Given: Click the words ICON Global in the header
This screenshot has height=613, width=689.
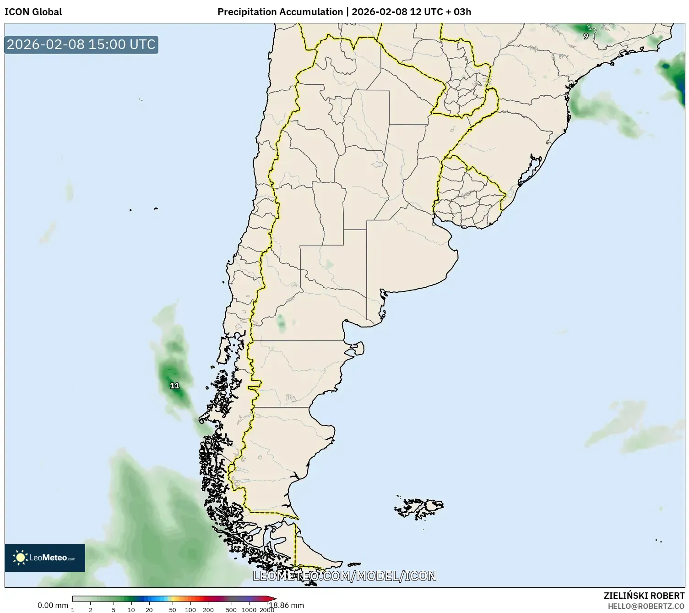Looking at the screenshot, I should [x=33, y=12].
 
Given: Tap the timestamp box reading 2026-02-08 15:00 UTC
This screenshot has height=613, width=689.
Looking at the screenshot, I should [x=81, y=44].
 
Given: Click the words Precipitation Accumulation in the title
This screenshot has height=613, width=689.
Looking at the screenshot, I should [x=280, y=12].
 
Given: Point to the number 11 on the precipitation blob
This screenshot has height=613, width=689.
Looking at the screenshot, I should [x=174, y=386].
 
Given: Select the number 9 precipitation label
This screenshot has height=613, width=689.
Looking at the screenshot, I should [x=586, y=36].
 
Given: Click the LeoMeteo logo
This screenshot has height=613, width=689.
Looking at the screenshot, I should [x=45, y=558].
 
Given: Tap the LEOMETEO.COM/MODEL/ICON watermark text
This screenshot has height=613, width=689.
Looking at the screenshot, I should [x=344, y=576].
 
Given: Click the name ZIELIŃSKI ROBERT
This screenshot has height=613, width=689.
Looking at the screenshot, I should [x=644, y=596].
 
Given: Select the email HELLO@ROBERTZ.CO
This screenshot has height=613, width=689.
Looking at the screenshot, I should [x=646, y=606].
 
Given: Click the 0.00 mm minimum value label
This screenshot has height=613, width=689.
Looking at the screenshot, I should [x=53, y=605].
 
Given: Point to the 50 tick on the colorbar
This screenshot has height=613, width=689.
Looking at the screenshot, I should [x=172, y=609].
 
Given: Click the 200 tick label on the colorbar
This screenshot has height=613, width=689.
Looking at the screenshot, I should [x=208, y=609].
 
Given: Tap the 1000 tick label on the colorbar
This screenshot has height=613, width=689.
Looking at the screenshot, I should [x=249, y=609].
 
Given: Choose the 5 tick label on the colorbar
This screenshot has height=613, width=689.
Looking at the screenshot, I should [x=114, y=609].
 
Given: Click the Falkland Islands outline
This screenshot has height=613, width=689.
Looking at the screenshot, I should [x=419, y=507].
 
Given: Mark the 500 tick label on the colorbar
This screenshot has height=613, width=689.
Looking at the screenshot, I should [x=231, y=609].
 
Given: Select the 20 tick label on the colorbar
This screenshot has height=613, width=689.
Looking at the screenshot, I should [x=149, y=609].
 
